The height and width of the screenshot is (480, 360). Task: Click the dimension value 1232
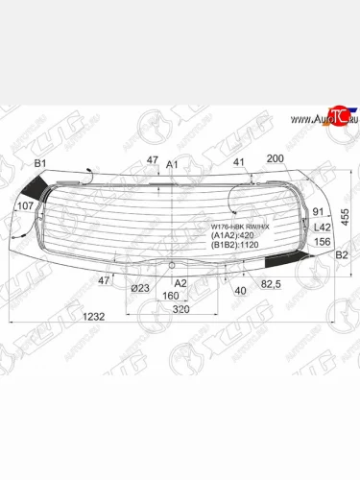coord(37,318)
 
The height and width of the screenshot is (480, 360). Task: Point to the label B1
coord(40,165)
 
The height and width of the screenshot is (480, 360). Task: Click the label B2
coord(340,255)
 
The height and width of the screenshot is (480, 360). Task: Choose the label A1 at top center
coord(173,165)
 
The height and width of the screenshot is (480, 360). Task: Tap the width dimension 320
coord(180,312)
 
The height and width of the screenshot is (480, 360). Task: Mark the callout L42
coord(323,227)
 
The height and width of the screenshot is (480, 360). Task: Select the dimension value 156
coord(323,242)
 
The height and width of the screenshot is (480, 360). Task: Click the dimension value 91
coord(319,211)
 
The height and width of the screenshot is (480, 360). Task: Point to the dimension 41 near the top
coord(239,162)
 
